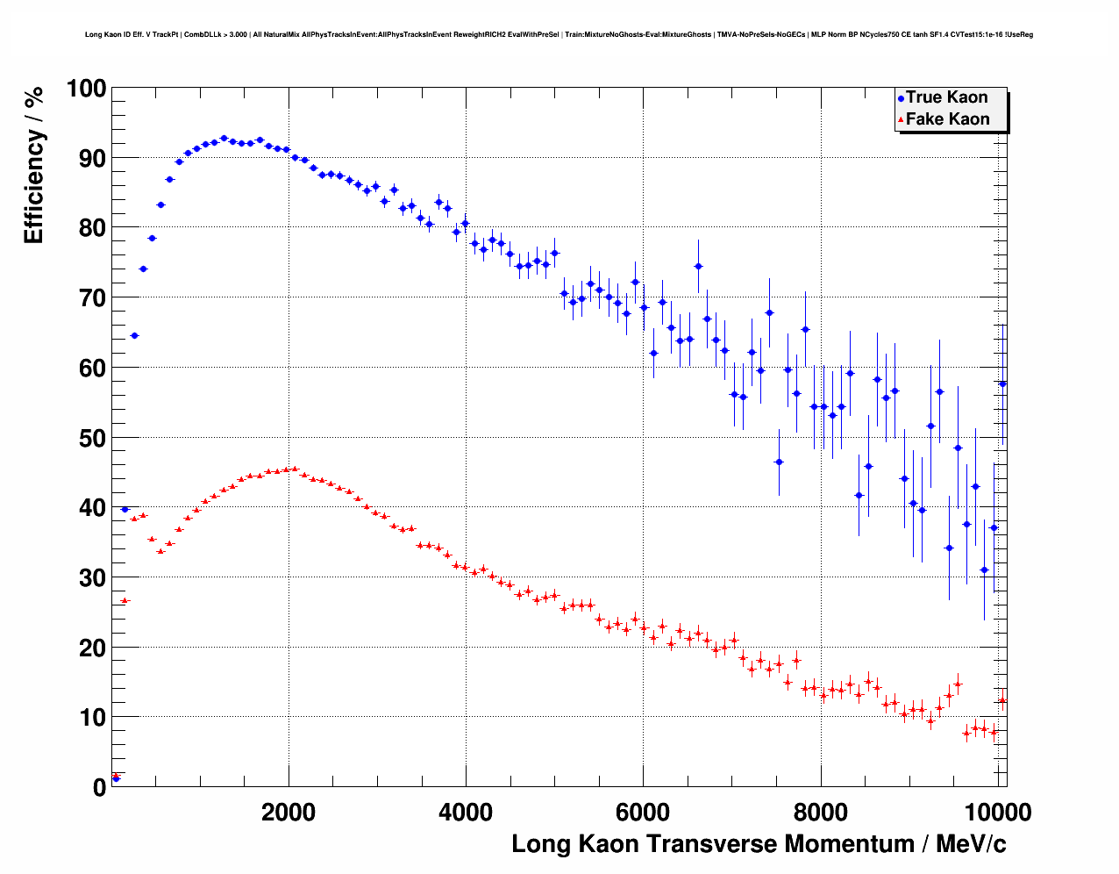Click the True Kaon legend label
(x=946, y=97)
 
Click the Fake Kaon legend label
(x=947, y=119)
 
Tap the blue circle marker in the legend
(x=901, y=98)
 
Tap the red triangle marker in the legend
(x=901, y=120)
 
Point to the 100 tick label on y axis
(x=86, y=89)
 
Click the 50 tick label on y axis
(x=92, y=438)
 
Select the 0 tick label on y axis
(x=99, y=787)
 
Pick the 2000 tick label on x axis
(x=289, y=812)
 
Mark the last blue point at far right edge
(x=1002, y=383)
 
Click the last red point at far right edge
(x=1002, y=700)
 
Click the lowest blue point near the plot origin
(x=116, y=778)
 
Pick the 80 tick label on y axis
(x=92, y=228)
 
